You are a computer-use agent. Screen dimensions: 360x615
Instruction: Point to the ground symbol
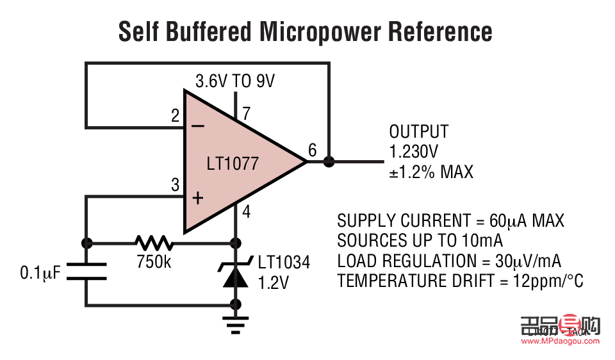point(236,326)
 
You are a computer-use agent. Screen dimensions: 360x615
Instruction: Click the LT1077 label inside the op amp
point(233,163)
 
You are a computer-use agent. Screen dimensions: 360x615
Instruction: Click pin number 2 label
point(175,117)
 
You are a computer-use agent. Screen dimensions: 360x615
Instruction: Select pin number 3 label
point(175,186)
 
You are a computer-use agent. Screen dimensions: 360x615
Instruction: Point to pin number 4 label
point(247,212)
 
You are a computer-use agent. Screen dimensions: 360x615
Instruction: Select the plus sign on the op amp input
point(198,198)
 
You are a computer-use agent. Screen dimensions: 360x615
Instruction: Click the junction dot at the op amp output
point(329,161)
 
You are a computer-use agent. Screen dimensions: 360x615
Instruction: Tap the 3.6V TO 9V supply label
point(235,81)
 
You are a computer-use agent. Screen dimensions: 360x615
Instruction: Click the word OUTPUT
point(419,132)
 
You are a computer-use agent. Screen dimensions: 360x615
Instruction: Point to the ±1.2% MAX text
point(430,172)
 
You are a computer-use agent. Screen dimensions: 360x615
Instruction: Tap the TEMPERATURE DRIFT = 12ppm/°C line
point(460,281)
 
